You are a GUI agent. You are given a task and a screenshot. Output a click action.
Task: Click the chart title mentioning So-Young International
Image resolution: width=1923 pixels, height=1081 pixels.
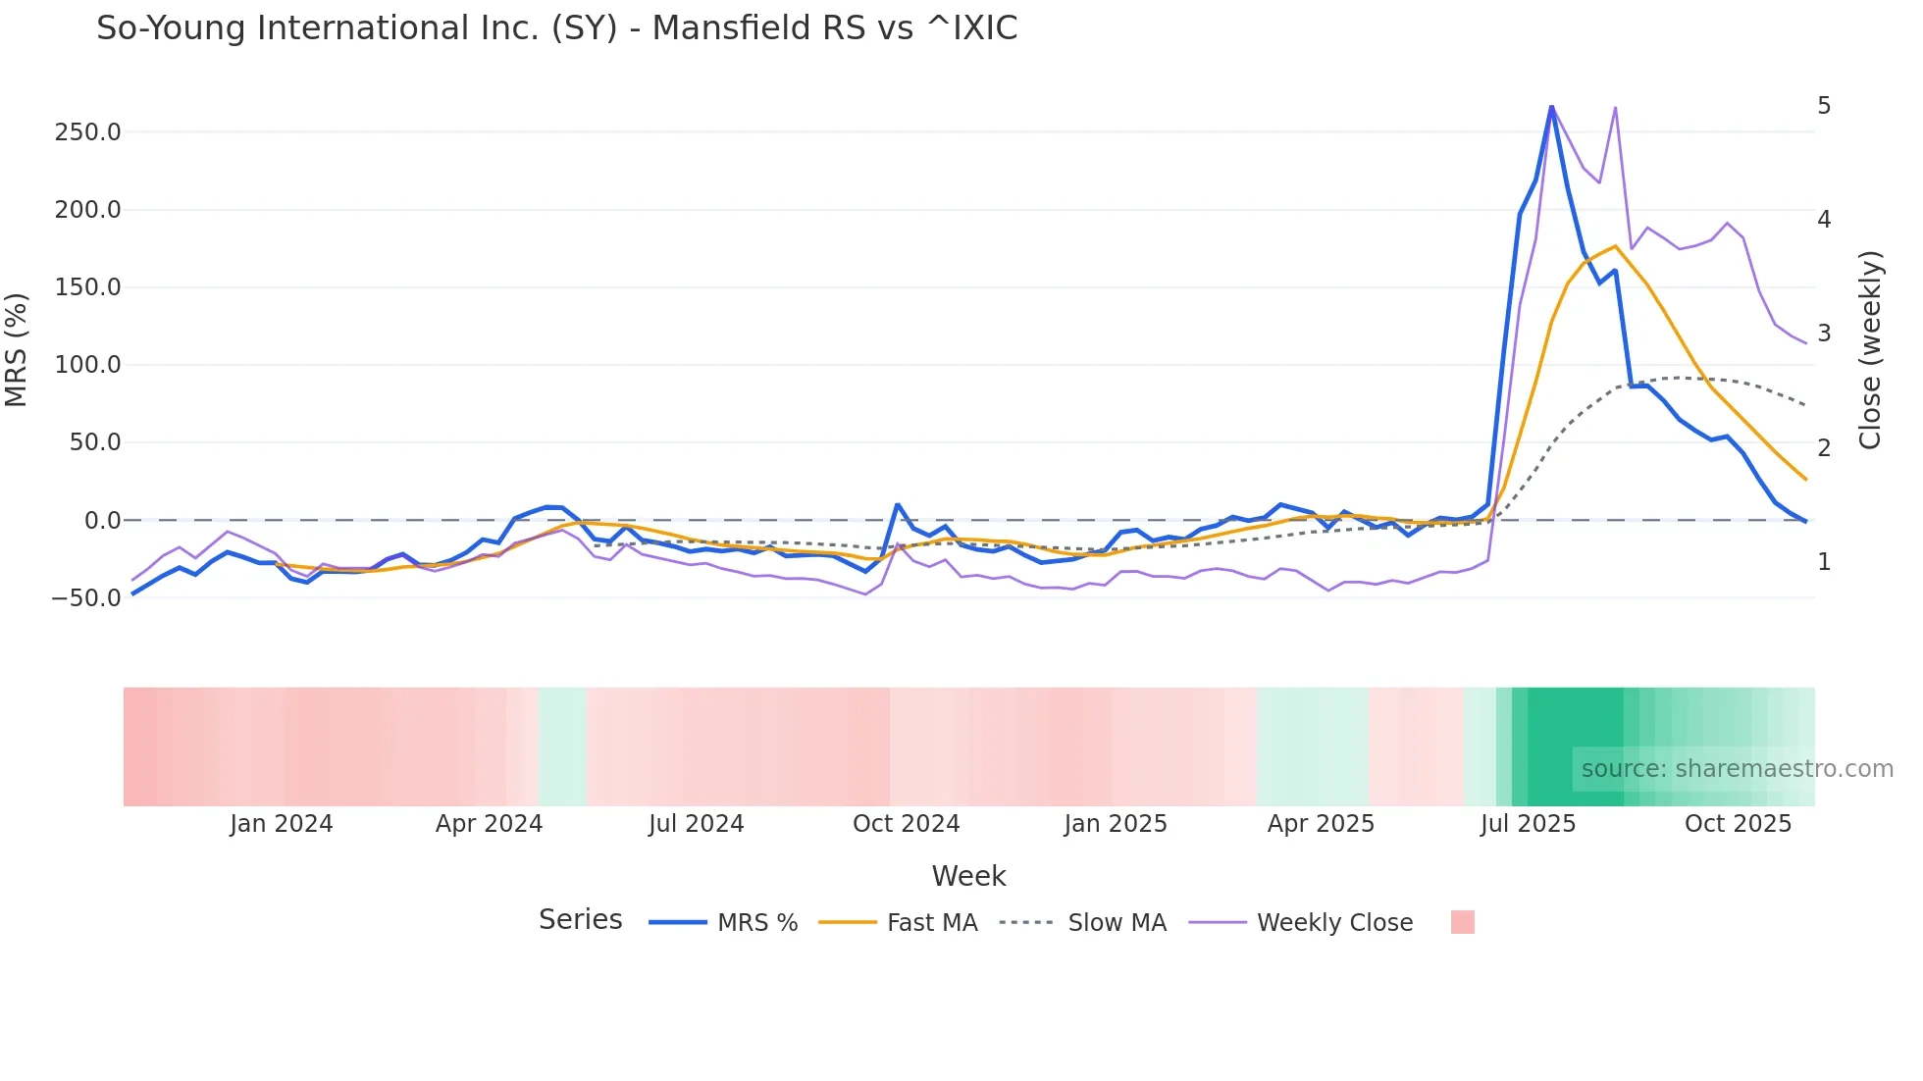click(x=556, y=28)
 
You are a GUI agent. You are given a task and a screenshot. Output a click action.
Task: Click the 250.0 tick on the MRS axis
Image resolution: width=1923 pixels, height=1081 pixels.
click(x=87, y=132)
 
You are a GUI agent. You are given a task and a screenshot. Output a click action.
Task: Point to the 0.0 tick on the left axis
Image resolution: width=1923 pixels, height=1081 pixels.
click(x=102, y=521)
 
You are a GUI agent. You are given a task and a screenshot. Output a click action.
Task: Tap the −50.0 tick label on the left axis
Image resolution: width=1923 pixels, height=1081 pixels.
click(x=87, y=598)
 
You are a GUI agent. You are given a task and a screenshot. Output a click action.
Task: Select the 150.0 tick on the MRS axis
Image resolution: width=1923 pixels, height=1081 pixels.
click(x=87, y=287)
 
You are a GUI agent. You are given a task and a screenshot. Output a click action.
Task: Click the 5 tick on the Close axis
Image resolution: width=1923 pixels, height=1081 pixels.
click(x=1824, y=106)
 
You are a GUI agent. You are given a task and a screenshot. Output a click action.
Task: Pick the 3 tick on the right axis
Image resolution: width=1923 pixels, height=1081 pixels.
click(x=1824, y=334)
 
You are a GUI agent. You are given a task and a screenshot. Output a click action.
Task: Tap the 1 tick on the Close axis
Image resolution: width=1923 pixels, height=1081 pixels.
click(x=1824, y=562)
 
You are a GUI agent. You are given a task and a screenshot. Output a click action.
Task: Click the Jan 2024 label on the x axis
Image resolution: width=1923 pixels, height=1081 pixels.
click(x=282, y=824)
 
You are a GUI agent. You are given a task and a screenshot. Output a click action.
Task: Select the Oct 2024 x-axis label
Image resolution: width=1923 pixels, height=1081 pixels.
click(x=906, y=824)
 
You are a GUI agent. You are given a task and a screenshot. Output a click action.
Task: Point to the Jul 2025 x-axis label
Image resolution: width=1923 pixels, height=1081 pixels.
click(x=1528, y=824)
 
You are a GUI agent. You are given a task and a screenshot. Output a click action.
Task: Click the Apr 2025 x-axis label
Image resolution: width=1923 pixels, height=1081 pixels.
click(x=1321, y=824)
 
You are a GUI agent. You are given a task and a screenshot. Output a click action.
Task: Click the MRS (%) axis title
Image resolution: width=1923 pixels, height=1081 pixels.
click(x=17, y=349)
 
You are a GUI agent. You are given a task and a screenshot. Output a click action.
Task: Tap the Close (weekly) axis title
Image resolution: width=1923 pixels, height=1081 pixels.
click(x=1870, y=350)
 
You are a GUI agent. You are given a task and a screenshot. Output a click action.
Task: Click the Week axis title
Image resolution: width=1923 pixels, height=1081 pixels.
click(x=968, y=876)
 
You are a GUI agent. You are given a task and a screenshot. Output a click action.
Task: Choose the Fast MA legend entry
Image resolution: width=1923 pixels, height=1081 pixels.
click(x=931, y=923)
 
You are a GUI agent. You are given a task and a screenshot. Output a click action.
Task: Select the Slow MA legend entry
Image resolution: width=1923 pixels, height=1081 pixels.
click(x=1117, y=923)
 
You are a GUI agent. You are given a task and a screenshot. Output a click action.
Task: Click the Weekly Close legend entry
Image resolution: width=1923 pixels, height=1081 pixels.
click(x=1334, y=923)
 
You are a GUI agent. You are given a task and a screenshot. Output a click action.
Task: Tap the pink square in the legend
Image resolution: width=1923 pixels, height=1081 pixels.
click(x=1462, y=922)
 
